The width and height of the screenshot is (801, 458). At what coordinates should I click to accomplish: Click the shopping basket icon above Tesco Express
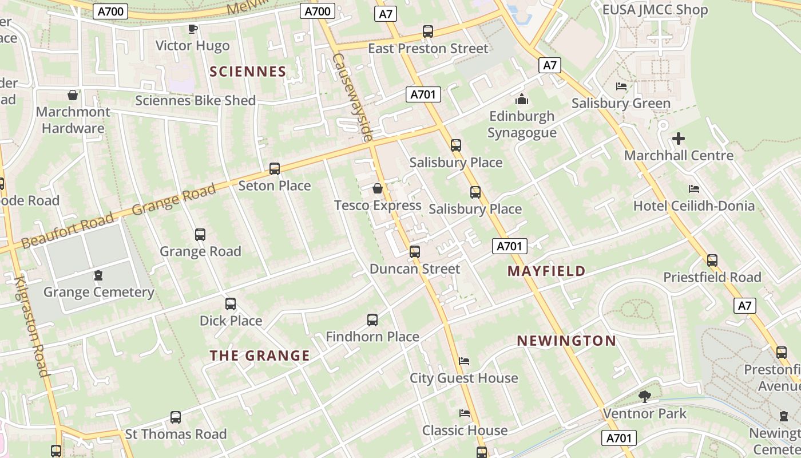(378, 188)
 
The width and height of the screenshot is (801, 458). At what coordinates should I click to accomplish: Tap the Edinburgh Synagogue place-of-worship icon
(521, 100)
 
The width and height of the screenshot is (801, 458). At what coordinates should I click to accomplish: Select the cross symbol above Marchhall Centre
(679, 139)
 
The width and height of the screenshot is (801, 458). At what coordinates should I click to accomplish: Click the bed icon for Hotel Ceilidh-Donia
(694, 189)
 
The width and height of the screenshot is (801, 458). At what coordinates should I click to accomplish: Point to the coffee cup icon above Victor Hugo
(193, 29)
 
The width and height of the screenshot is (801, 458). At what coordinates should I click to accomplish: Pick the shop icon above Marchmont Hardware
(73, 95)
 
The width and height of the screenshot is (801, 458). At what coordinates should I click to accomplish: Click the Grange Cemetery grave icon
(98, 275)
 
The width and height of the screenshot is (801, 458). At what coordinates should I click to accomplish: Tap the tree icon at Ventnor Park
(644, 396)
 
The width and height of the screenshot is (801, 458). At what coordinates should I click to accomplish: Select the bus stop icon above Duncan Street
(415, 252)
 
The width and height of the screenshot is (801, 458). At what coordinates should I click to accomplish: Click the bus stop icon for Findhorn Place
(372, 320)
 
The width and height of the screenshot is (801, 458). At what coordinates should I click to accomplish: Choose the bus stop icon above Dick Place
(231, 304)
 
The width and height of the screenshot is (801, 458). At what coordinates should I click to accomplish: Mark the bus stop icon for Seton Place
(275, 169)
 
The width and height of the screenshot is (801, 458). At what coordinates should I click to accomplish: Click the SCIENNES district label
(248, 72)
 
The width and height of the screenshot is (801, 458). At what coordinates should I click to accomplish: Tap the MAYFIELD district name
(546, 271)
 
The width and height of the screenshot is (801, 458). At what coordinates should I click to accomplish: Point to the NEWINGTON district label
(566, 341)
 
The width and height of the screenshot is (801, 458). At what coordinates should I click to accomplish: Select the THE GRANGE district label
(260, 356)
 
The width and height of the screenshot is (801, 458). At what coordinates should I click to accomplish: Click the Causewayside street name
(352, 97)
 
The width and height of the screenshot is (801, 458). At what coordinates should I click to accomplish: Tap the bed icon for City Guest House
(464, 361)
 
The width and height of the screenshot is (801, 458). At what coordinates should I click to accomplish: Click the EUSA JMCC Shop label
(655, 10)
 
